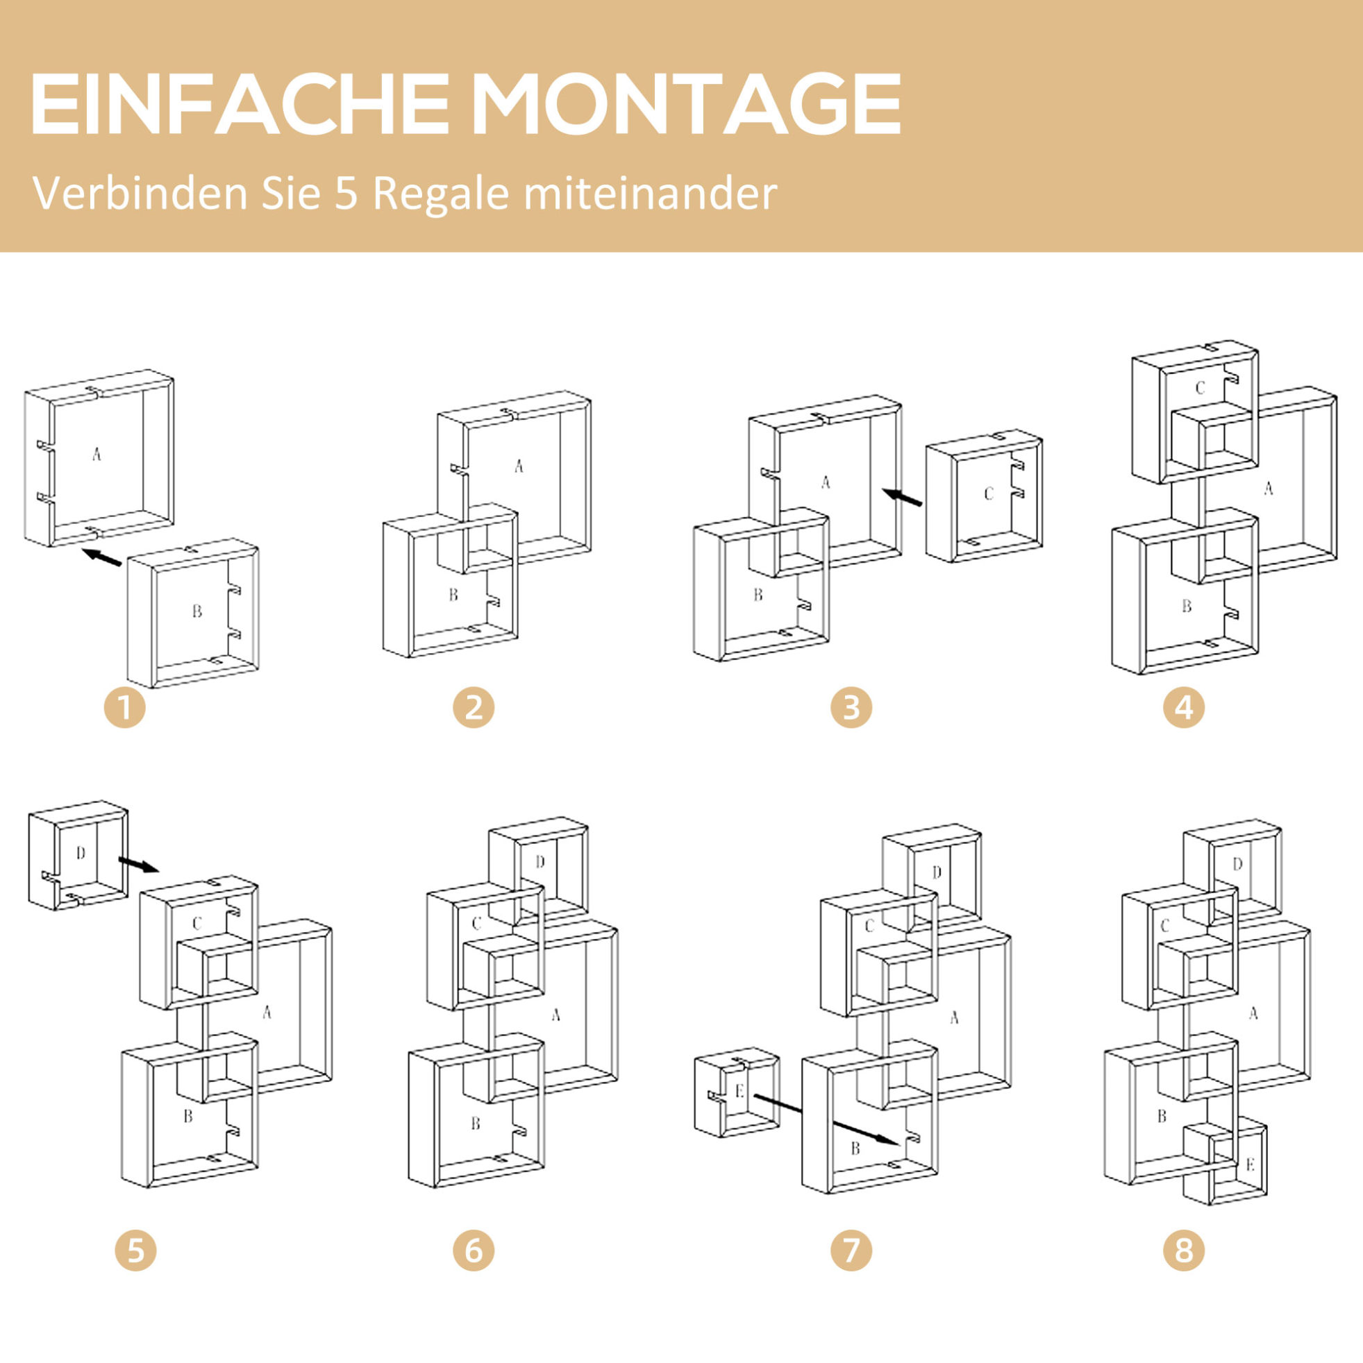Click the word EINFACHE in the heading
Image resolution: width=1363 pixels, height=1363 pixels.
click(x=240, y=103)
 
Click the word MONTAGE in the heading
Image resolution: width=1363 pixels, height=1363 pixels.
click(x=686, y=103)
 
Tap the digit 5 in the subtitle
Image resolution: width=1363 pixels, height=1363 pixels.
click(x=346, y=194)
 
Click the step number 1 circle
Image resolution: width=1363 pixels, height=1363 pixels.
click(x=125, y=708)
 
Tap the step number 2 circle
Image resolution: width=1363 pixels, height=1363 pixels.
click(x=474, y=708)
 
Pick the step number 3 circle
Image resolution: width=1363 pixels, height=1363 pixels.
click(x=851, y=708)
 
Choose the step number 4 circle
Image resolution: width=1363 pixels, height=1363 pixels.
click(x=1184, y=708)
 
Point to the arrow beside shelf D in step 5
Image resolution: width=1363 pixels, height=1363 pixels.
click(x=138, y=864)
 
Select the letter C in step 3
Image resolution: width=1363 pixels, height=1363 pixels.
click(x=988, y=494)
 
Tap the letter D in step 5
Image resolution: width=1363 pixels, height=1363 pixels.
click(x=81, y=854)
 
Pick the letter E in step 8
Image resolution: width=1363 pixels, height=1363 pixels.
click(x=1250, y=1165)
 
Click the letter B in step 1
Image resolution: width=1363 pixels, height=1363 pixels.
click(x=197, y=611)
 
